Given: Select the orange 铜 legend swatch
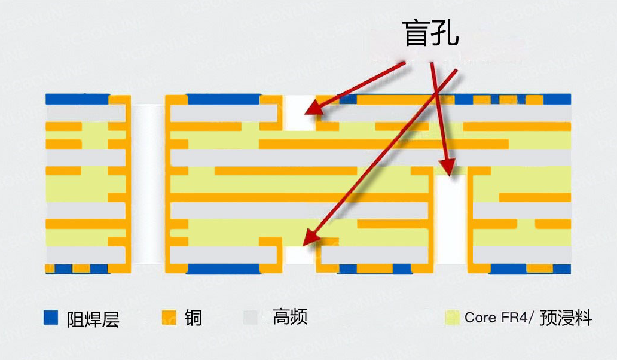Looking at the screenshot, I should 170,318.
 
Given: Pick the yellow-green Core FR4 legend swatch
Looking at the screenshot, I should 453,318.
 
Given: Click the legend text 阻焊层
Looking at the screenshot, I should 93,319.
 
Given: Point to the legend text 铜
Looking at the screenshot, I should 193,318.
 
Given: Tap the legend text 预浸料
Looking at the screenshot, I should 566,318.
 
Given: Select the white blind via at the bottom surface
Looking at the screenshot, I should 299,256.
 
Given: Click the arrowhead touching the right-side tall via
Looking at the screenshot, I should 447,167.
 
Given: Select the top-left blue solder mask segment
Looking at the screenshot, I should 77,99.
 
